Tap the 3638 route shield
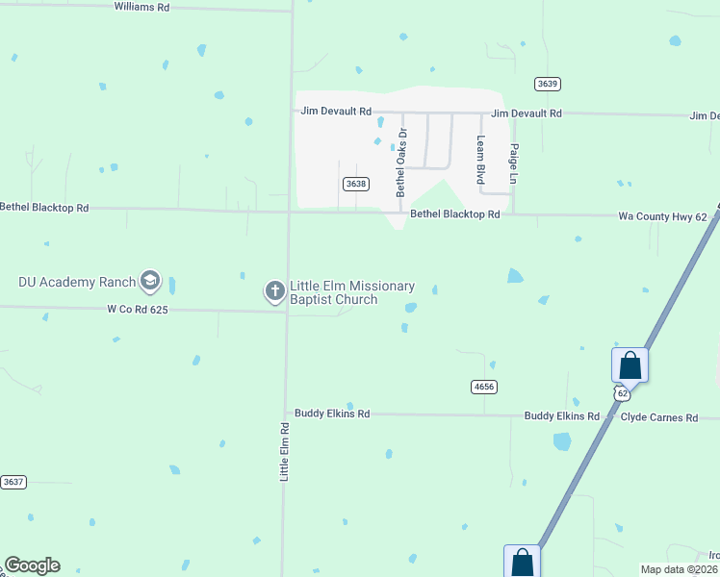point(355,184)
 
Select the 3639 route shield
point(548,84)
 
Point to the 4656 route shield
point(483,387)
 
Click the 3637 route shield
point(13,482)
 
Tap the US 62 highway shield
point(623,393)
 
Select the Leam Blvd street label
point(480,160)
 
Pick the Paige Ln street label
point(514,163)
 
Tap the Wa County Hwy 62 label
point(662,217)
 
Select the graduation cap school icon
point(149,281)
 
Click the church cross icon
point(274,290)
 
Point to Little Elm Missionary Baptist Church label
point(352,292)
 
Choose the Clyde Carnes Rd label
point(658,417)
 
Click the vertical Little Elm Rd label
point(285,451)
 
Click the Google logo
point(32,565)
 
